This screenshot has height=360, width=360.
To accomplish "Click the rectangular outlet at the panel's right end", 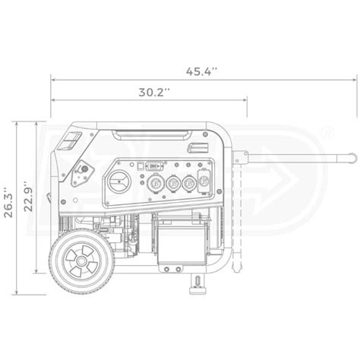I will pyautogui.click(x=203, y=183).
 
